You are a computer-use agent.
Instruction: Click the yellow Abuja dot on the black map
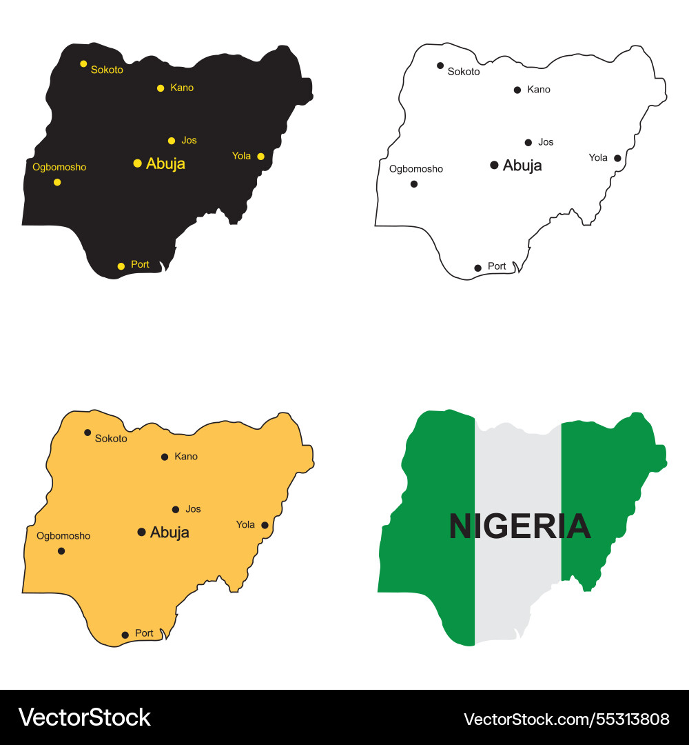[138, 163]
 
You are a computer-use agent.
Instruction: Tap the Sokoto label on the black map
[107, 70]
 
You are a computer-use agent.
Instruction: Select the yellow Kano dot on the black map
[161, 88]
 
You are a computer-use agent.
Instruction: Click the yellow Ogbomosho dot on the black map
[57, 182]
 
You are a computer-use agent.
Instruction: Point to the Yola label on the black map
[241, 156]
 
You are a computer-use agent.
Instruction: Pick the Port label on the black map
[140, 264]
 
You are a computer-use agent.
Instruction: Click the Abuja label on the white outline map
[522, 166]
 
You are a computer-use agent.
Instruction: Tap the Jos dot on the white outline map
[528, 143]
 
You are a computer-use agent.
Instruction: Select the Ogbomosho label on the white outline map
[416, 169]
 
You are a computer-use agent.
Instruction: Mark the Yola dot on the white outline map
[617, 159]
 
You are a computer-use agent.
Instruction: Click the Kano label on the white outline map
[539, 90]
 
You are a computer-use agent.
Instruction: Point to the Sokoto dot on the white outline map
[440, 66]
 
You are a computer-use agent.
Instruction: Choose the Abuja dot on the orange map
[142, 532]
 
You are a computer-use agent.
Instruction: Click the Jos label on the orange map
[193, 509]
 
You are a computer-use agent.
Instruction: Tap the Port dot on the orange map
[125, 635]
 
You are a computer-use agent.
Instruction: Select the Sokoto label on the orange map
[111, 439]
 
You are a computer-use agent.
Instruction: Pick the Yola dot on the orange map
[265, 526]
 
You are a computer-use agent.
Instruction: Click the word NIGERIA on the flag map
[520, 527]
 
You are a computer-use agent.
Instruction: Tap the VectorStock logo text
[85, 717]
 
